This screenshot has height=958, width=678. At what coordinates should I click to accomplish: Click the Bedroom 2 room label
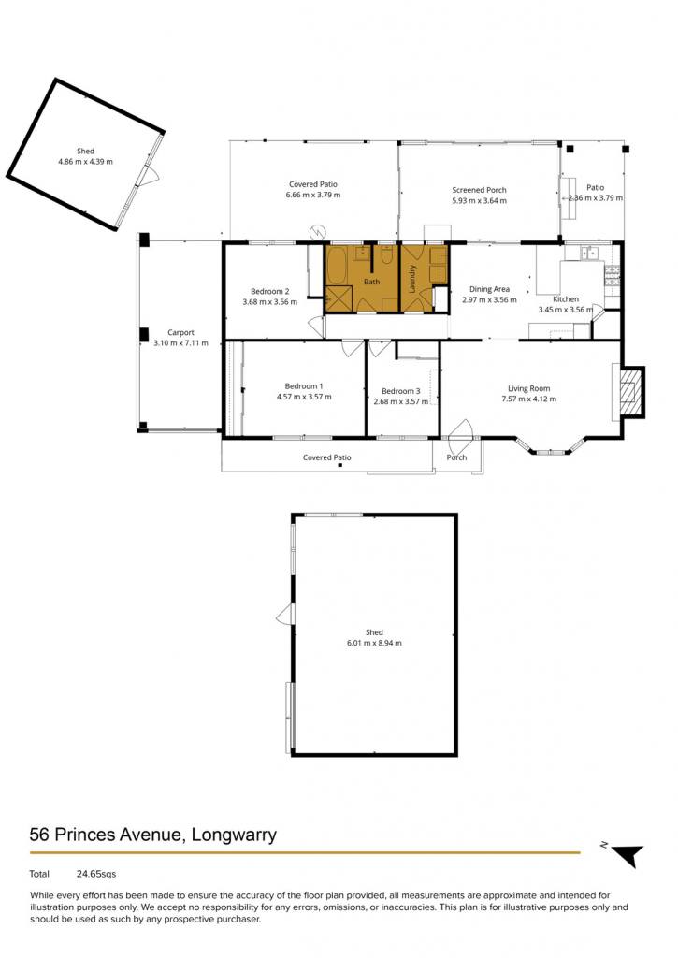click(270, 292)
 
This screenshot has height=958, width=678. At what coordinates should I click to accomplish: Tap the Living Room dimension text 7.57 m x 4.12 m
click(529, 399)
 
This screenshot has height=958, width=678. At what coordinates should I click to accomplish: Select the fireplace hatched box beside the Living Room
click(629, 392)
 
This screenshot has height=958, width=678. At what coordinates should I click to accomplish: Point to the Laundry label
click(412, 278)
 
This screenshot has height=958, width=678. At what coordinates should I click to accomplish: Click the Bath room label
click(372, 282)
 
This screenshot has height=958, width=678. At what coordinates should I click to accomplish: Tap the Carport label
click(180, 333)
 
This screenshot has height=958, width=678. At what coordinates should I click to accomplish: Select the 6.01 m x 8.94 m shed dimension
click(374, 643)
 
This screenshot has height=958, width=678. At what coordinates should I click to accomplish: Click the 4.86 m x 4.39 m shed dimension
click(85, 162)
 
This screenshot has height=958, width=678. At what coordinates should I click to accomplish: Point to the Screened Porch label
click(480, 190)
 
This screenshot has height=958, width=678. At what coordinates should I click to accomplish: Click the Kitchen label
click(566, 299)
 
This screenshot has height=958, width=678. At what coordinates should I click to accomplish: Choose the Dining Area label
click(489, 290)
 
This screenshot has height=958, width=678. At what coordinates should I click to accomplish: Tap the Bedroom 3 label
click(400, 391)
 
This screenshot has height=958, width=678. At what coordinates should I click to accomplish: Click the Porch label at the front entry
click(457, 457)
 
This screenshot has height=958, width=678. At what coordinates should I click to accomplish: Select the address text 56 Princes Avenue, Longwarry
click(153, 835)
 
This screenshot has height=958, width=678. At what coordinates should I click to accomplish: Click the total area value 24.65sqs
click(96, 875)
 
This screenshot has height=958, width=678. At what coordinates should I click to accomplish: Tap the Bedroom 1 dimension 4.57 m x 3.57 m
click(304, 397)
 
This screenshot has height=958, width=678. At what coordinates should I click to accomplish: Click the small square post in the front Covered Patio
click(339, 466)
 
